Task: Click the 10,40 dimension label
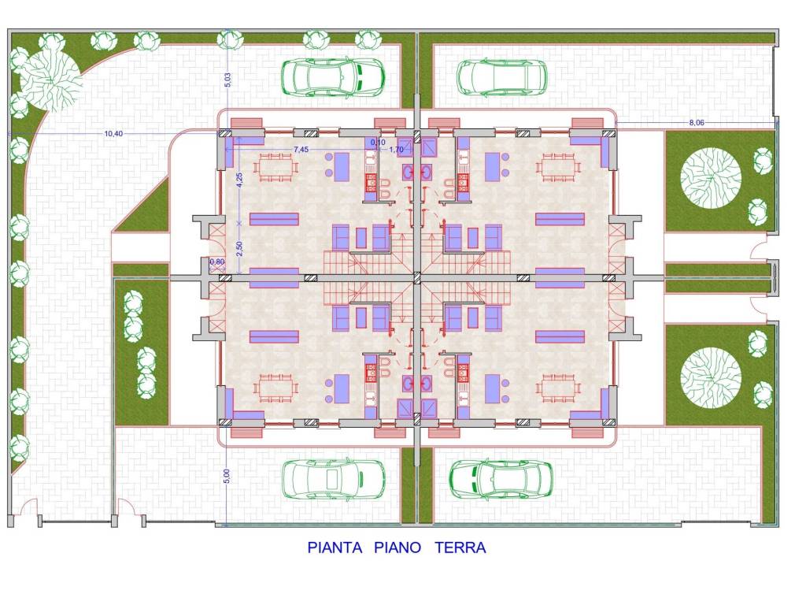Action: (x=113, y=134)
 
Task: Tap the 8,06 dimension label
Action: (x=697, y=123)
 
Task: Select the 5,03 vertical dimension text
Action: (x=227, y=80)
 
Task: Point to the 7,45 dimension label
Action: (x=301, y=149)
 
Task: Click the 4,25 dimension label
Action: (x=239, y=180)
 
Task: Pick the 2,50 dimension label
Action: (x=239, y=249)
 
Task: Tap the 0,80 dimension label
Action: (x=217, y=262)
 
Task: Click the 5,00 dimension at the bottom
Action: (x=227, y=477)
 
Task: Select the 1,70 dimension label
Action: (x=397, y=150)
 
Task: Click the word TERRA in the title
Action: (x=460, y=547)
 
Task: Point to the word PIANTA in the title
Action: (x=335, y=547)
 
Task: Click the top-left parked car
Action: (x=333, y=77)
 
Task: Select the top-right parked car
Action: (x=502, y=77)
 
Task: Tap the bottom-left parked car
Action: (x=334, y=478)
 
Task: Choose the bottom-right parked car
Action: (x=501, y=479)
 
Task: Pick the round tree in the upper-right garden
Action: (x=711, y=178)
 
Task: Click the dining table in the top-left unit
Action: (x=276, y=168)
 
